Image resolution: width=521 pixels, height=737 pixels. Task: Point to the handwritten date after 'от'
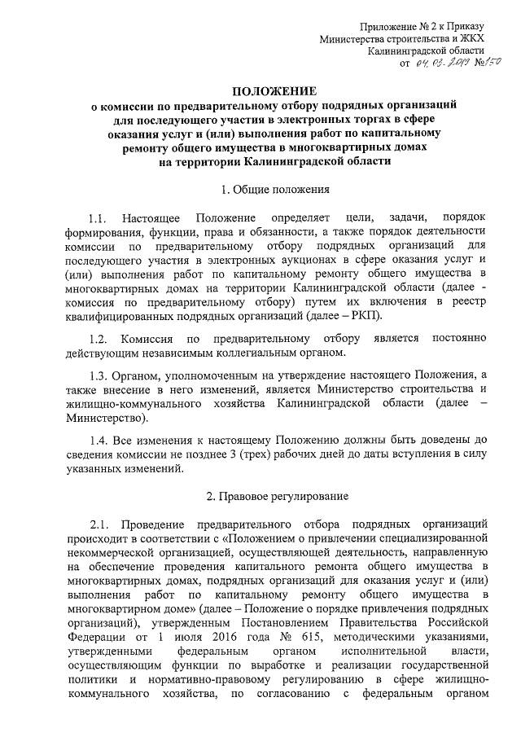pyautogui.click(x=439, y=64)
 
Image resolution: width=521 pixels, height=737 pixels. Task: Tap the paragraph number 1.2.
pyautogui.click(x=99, y=338)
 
